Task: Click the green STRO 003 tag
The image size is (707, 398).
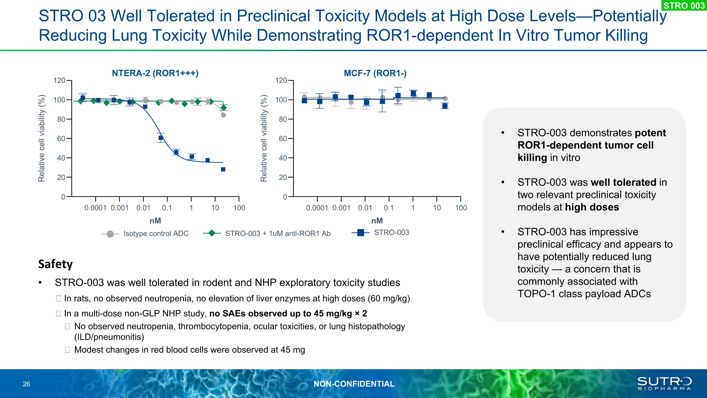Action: coord(684,5)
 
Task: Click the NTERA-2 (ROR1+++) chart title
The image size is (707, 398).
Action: coord(155,73)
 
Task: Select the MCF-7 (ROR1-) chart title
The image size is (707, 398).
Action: coord(375,73)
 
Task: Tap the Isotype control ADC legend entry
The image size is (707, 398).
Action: coord(156,234)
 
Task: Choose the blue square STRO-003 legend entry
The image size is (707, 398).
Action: coord(391,232)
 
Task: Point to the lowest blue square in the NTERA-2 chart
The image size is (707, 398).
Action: coord(223,169)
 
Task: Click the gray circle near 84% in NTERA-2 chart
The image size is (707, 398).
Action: coord(223,115)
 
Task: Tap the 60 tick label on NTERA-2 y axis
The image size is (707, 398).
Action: coord(61,139)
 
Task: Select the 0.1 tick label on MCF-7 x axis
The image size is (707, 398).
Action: coord(388,208)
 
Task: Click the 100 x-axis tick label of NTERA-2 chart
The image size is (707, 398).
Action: coord(239,208)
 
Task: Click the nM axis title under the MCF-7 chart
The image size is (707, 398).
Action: coord(377,221)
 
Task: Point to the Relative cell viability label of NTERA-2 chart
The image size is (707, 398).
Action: coord(41,138)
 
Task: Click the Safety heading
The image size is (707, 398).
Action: coord(55,264)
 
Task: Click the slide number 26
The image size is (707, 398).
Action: coord(26,384)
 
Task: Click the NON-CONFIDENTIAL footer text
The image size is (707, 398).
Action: coord(354,384)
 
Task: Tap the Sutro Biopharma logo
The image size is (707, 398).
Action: coord(664,383)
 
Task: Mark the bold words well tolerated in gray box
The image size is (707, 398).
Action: coord(623,182)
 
